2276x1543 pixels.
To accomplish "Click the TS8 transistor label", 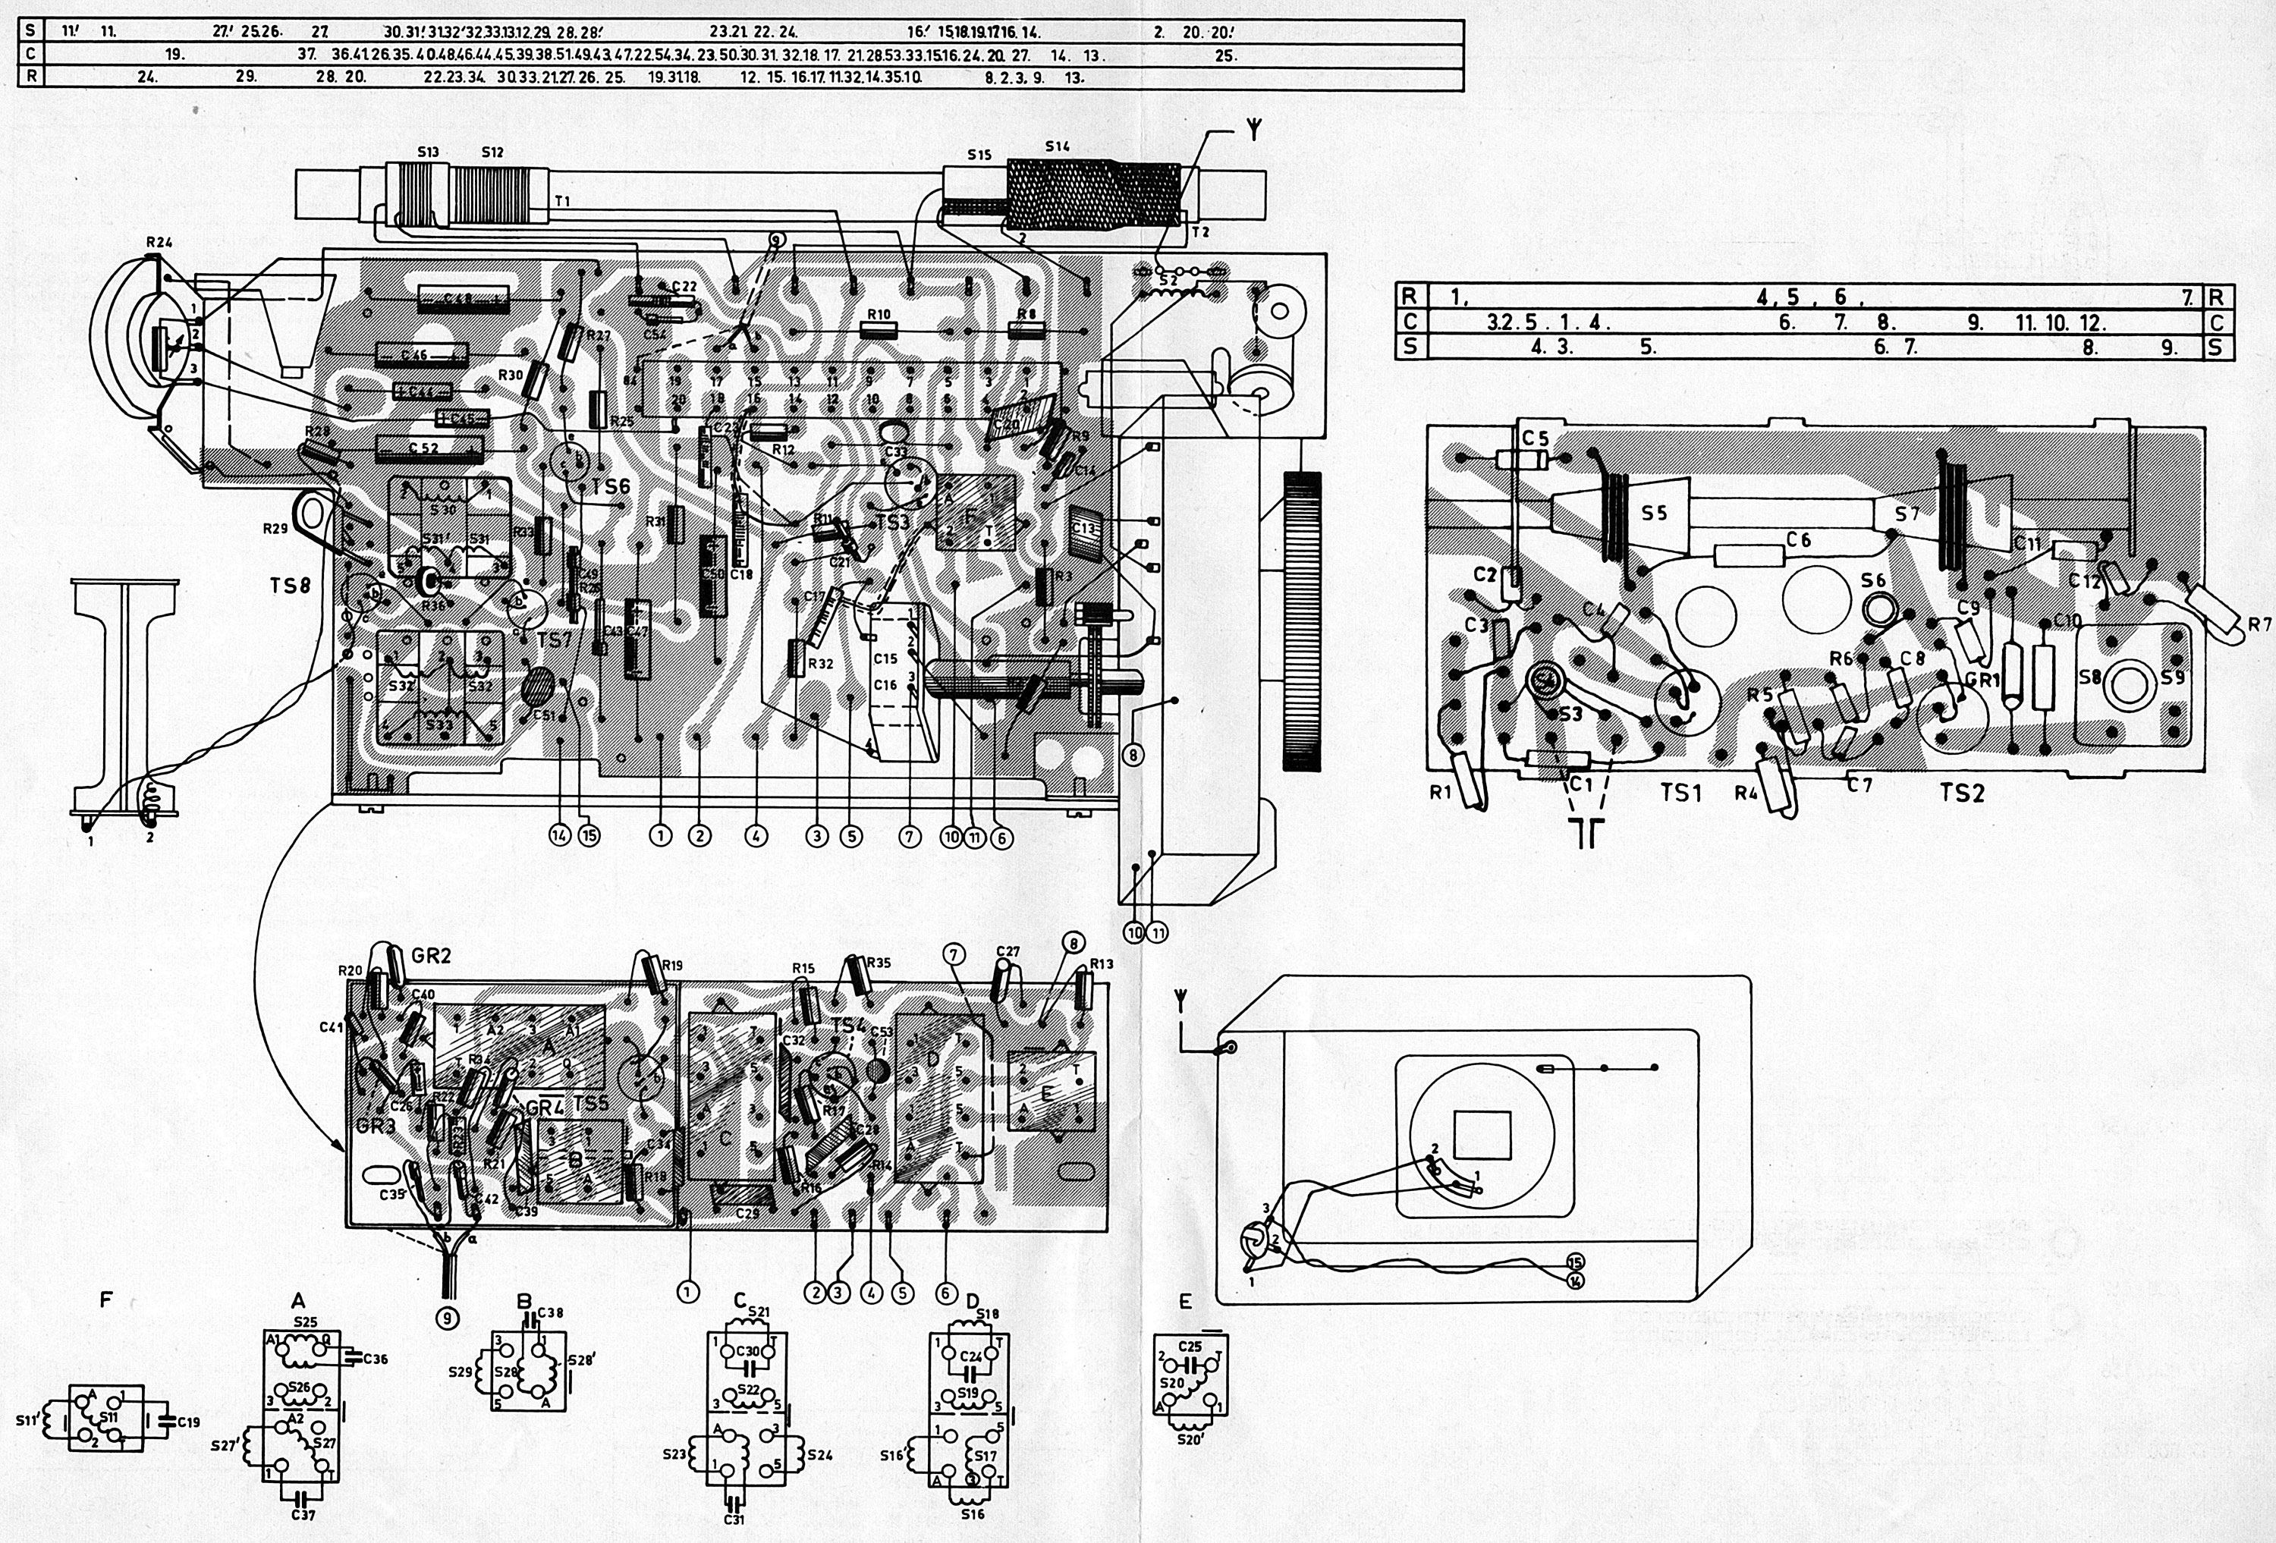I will [290, 586].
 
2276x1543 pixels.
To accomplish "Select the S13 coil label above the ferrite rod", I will [427, 152].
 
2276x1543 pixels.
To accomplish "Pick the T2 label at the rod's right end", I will [1201, 232].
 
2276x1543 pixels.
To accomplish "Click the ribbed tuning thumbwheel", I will [1300, 623].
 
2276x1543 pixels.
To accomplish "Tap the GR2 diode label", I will [431, 956].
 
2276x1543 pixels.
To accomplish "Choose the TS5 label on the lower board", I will [590, 1104].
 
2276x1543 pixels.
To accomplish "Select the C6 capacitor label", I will [1798, 539].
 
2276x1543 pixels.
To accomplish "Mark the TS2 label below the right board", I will [1962, 793].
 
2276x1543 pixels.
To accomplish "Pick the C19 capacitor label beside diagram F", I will [189, 1422].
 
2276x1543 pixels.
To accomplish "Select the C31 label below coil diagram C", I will [734, 1519].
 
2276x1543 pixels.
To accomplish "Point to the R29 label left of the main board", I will [275, 529].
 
